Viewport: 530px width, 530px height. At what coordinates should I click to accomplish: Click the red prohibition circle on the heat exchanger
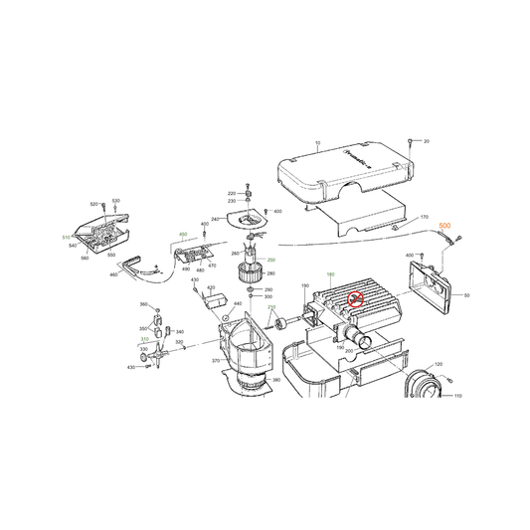(354, 297)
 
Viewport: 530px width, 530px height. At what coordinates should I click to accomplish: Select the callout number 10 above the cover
(316, 144)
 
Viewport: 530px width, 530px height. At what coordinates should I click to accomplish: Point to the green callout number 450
(183, 235)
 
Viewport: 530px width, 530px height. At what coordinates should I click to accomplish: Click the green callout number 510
(65, 239)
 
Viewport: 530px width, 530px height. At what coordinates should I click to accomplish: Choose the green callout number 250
(271, 260)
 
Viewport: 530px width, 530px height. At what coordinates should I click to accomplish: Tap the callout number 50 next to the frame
(466, 295)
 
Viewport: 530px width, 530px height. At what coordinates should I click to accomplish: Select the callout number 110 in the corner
(458, 396)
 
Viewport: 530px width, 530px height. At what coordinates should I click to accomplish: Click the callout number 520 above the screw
(94, 203)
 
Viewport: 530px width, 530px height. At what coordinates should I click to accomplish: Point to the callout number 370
(216, 361)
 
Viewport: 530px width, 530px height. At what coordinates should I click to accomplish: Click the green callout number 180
(329, 273)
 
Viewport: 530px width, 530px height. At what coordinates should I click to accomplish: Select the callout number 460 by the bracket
(115, 273)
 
